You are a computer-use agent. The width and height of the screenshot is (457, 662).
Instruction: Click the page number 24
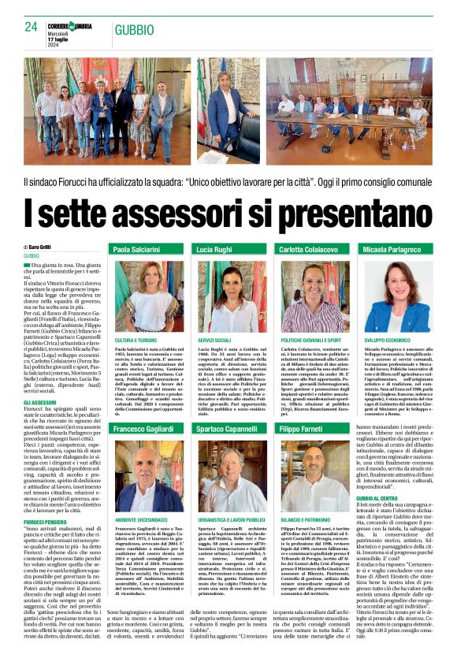[32, 27]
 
